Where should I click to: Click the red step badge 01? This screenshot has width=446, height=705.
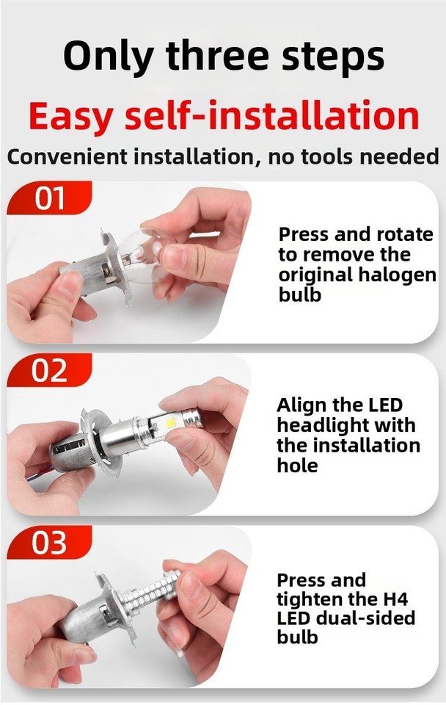[49, 199]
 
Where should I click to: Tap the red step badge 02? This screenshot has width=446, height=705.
[49, 372]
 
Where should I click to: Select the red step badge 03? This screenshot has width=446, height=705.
[49, 544]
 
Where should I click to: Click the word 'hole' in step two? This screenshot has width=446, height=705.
[297, 465]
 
